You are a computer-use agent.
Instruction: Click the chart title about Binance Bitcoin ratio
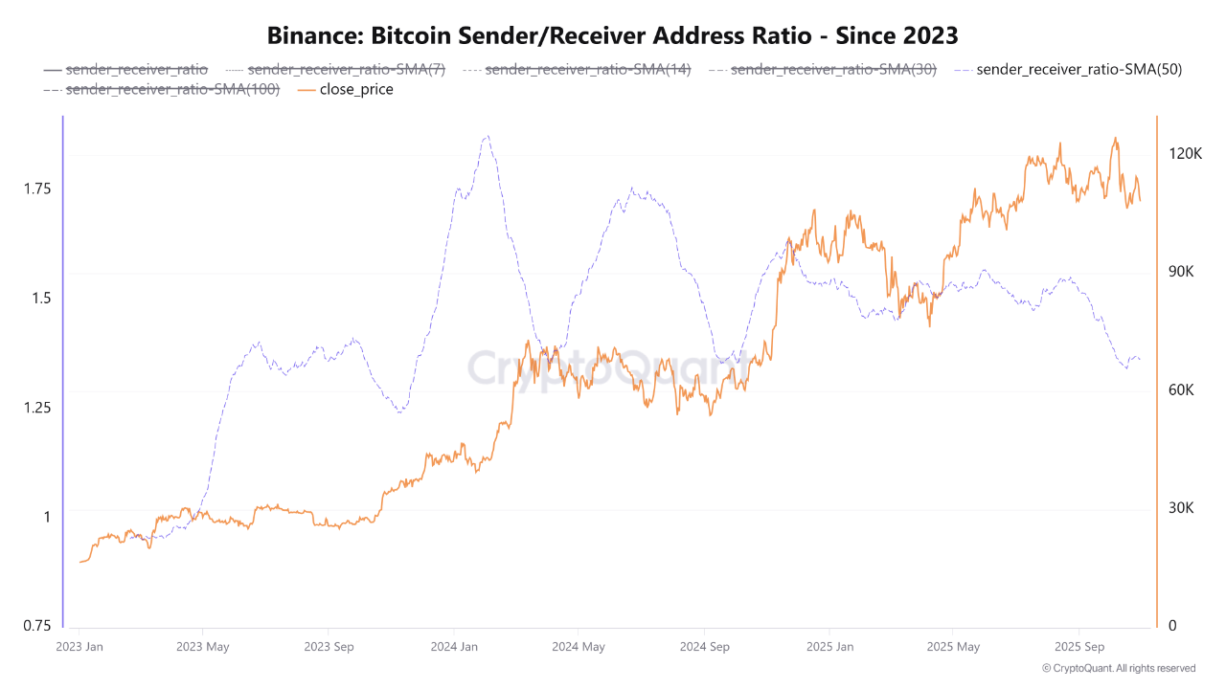point(613,35)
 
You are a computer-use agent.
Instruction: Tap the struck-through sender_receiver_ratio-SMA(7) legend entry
point(346,69)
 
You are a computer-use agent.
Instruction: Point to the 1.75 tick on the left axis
point(37,189)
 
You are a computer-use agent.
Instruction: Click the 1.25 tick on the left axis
point(37,408)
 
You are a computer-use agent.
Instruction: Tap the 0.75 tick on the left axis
point(37,626)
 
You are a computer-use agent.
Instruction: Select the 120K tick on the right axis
point(1180,154)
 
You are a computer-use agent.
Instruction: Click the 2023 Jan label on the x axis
point(80,647)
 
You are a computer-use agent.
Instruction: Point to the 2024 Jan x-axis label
point(455,647)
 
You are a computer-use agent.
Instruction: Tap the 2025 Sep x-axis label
point(1078,647)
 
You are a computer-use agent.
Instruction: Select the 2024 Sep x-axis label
point(704,647)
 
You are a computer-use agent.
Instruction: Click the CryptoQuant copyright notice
point(1119,668)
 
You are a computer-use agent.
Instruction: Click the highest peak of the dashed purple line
point(487,136)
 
